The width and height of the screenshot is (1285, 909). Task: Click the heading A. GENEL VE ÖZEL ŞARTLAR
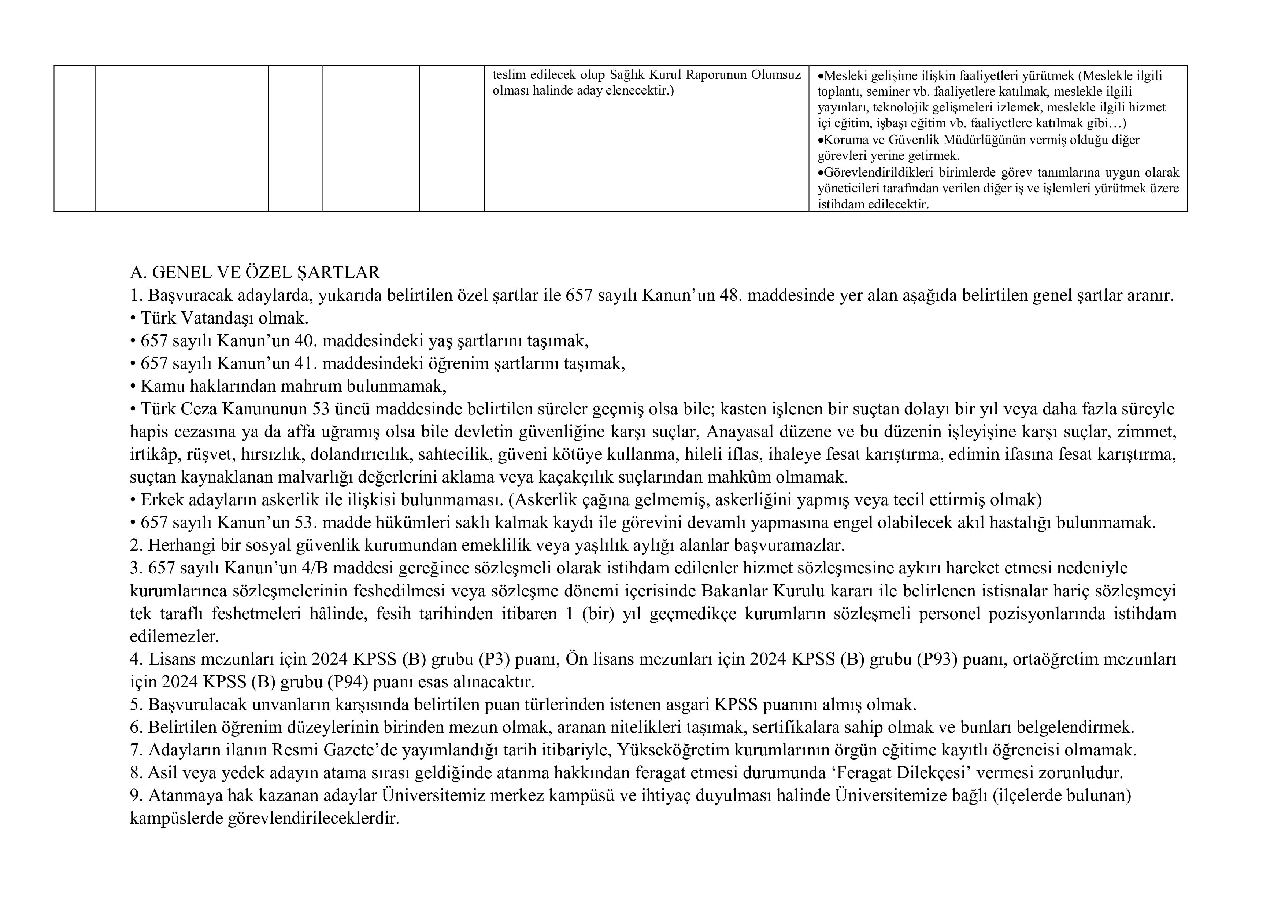pyautogui.click(x=255, y=273)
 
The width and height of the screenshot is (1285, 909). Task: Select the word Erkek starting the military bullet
pyautogui.click(x=158, y=499)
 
